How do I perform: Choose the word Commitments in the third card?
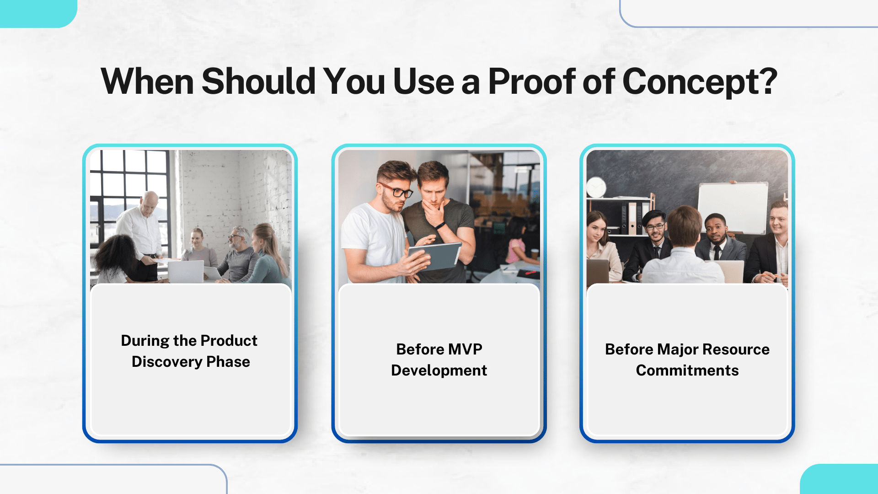pos(687,370)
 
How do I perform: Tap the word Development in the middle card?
pos(439,370)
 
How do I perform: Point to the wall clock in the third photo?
pos(596,188)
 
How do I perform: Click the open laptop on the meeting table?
pos(186,272)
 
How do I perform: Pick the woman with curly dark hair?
pos(115,258)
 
